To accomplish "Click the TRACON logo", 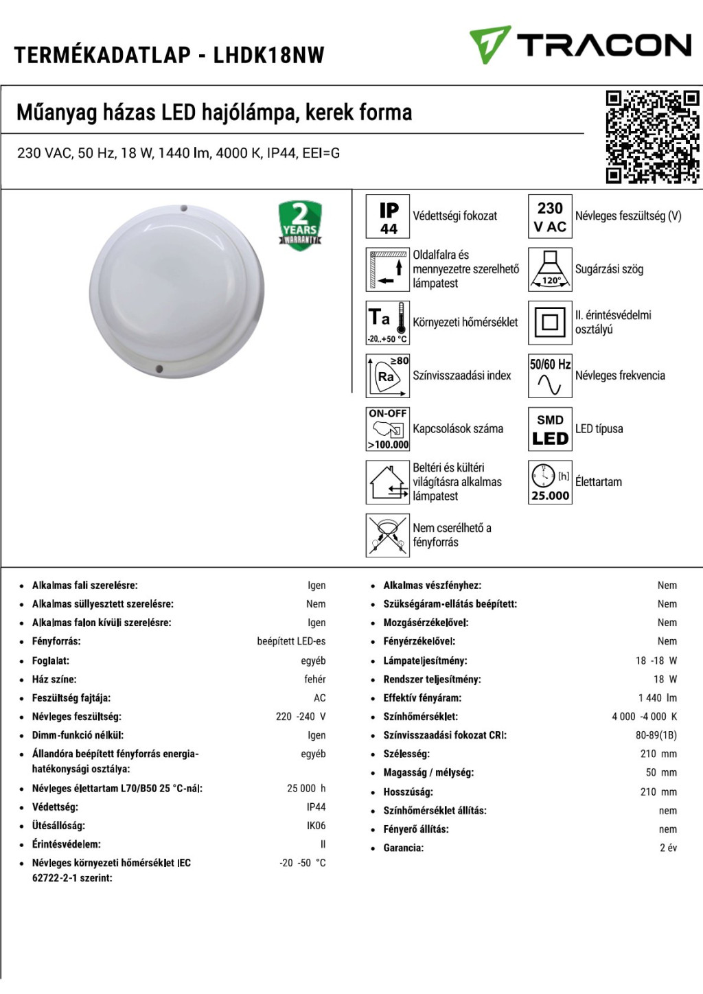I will [x=580, y=45].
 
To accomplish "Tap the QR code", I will [x=652, y=137].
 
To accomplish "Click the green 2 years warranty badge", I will [x=300, y=225].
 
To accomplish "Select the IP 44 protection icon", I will [x=388, y=216].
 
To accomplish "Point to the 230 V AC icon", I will [x=550, y=216].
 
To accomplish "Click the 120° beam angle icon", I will [x=550, y=270].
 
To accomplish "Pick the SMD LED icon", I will [x=550, y=429].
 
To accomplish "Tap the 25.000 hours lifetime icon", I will [x=550, y=482].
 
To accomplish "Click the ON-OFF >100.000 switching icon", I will [x=388, y=429].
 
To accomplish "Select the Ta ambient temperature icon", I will [x=388, y=323].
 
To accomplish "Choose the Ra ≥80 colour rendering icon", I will [x=388, y=375].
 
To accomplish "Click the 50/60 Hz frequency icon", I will [x=550, y=375].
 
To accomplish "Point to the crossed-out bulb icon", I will [x=388, y=535].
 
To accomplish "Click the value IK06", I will [x=316, y=826].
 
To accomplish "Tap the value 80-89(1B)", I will [x=656, y=735].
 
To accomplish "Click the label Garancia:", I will [x=404, y=848].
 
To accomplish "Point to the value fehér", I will [x=315, y=680].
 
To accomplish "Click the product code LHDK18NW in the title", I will [x=268, y=55].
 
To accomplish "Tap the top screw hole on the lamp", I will [x=184, y=208].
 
